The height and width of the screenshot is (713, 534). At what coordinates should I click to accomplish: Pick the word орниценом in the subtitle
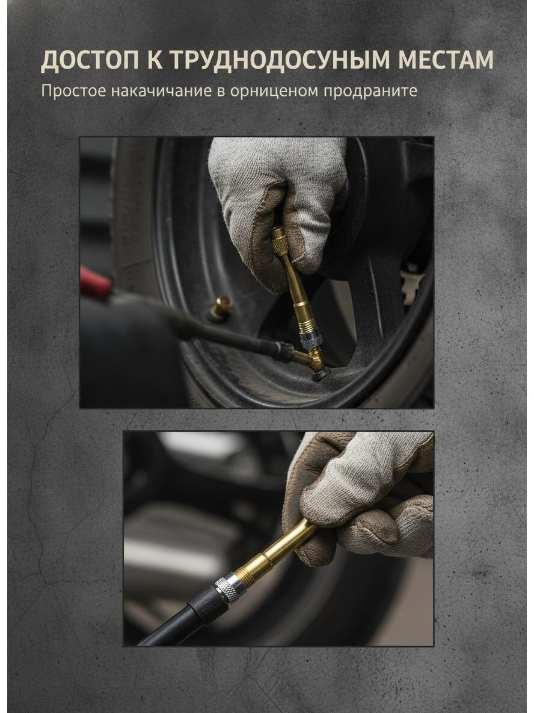tap(274, 90)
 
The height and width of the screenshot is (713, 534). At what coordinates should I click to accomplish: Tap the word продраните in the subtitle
tap(370, 90)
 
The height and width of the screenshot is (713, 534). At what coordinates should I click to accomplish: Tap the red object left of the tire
tap(95, 281)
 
